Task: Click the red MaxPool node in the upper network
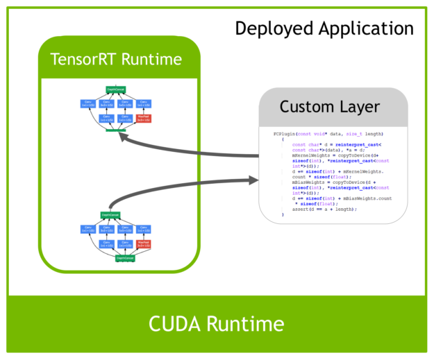coord(144,120)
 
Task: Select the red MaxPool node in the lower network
coord(144,245)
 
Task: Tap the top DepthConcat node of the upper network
coord(115,89)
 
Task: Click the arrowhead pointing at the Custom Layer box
coord(251,181)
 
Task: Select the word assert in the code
coord(301,209)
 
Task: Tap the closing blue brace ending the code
coord(283,215)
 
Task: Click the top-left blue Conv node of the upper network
coord(87,104)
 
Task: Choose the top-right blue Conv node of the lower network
coord(144,229)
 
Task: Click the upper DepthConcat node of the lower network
coord(106,214)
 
